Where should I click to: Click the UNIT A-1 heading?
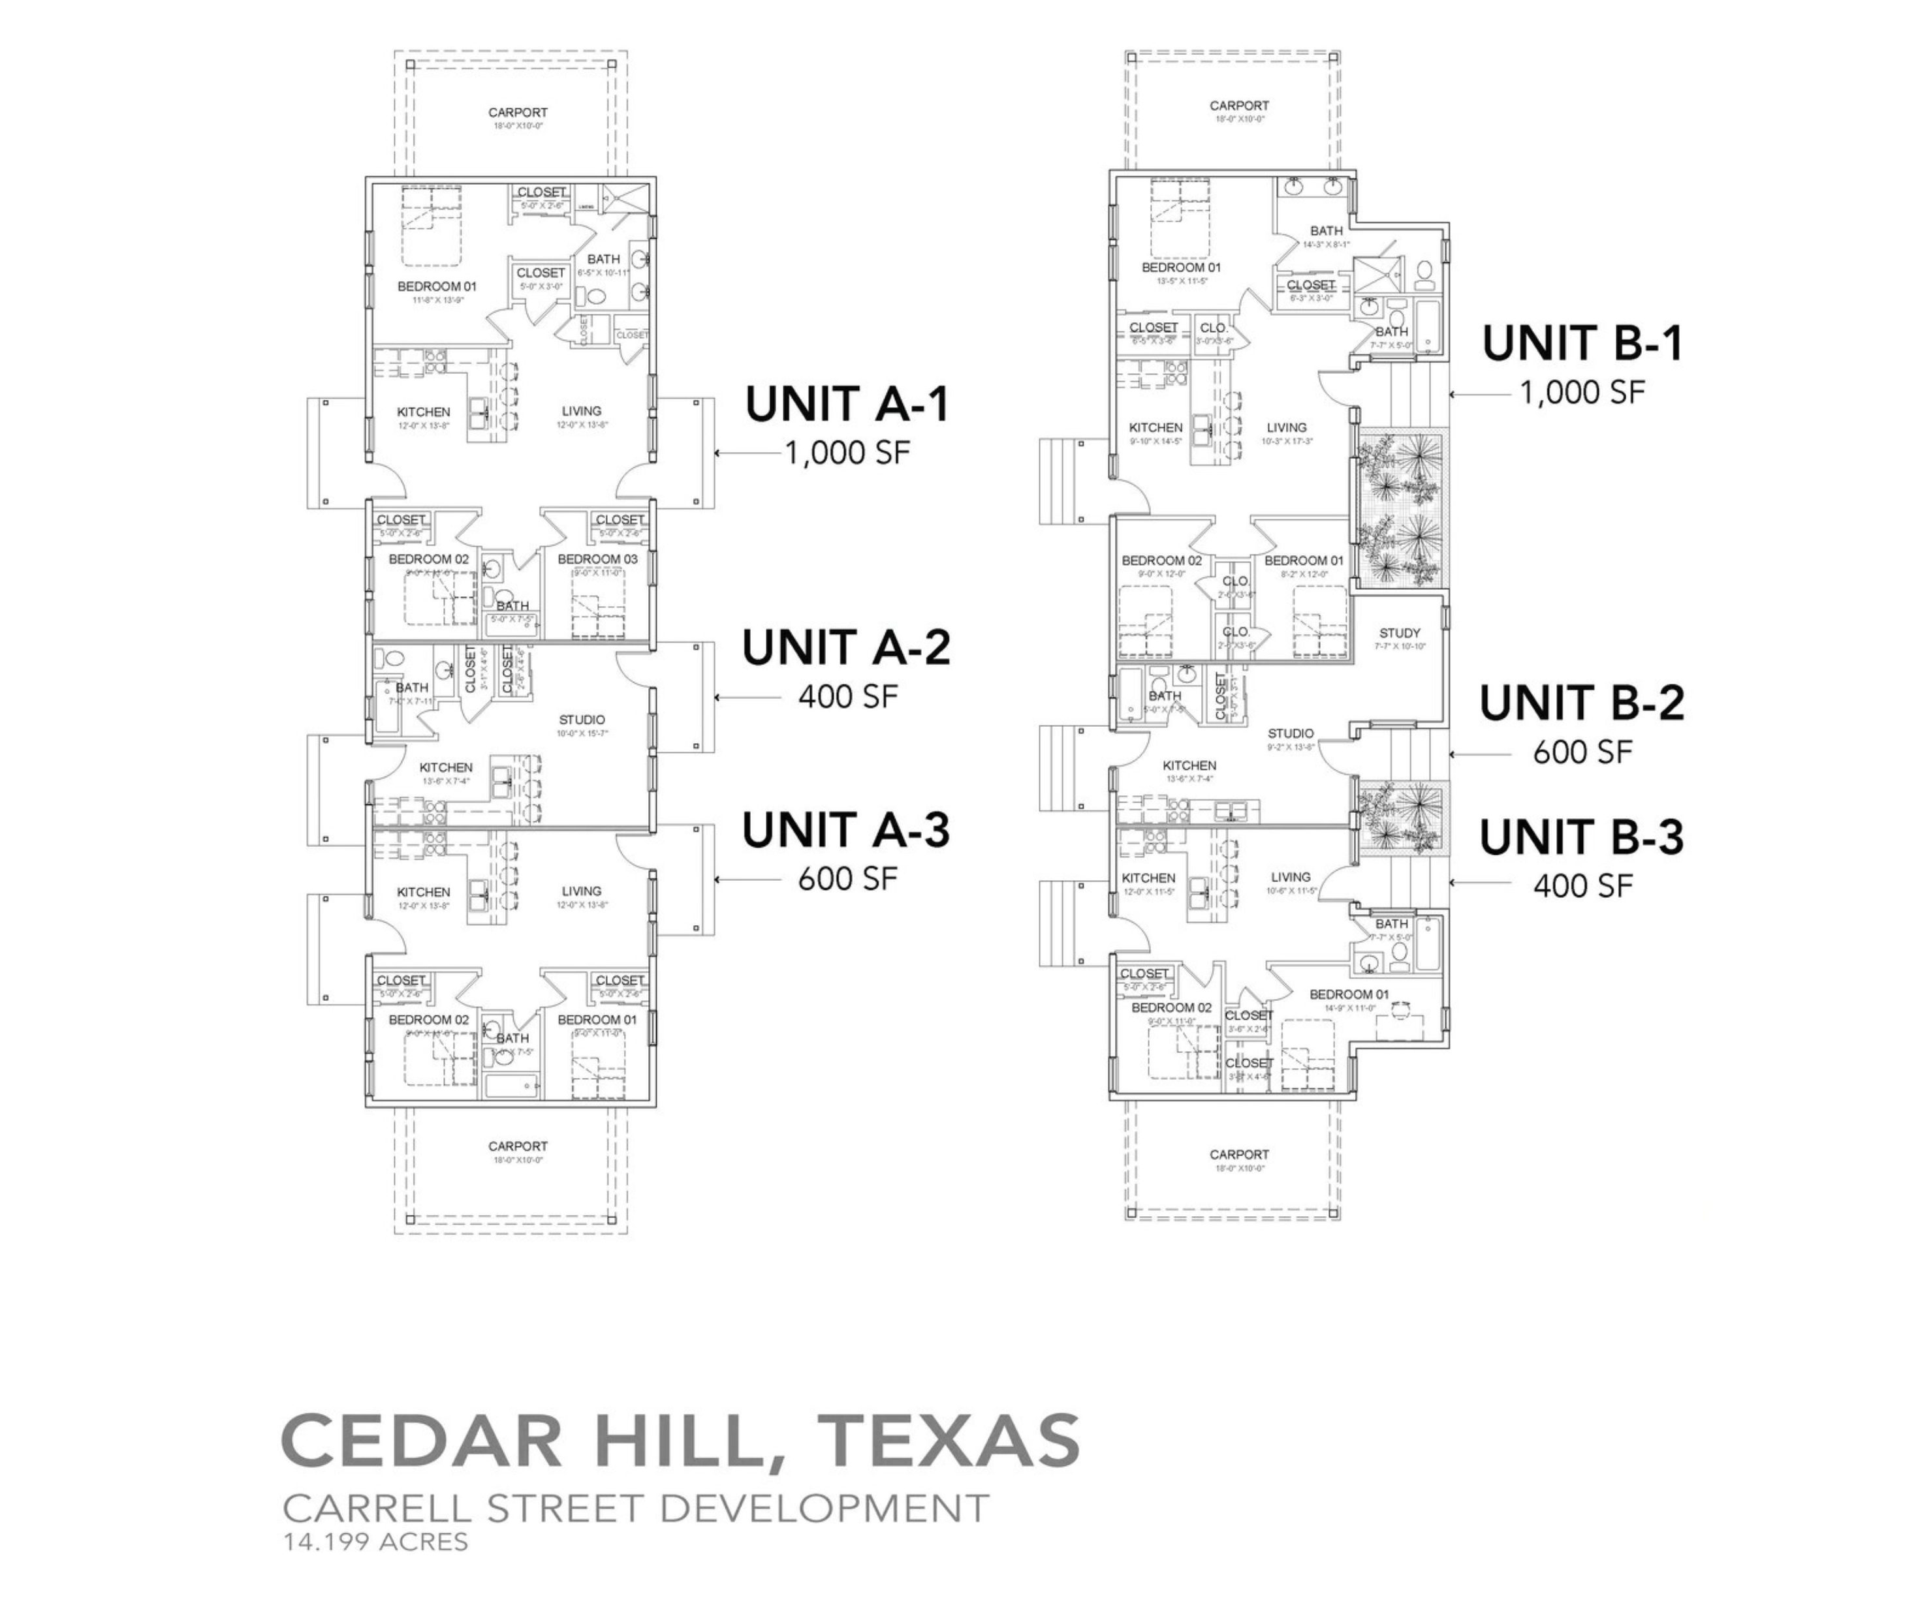tap(847, 405)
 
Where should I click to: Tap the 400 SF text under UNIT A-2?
tap(847, 697)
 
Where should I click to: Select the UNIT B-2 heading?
tap(1582, 703)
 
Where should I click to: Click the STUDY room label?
tap(1399, 633)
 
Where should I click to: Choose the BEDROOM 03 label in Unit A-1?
tap(597, 559)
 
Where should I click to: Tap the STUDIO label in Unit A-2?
tap(582, 720)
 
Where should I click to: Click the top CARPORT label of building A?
tap(518, 112)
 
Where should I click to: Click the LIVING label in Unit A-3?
tap(581, 891)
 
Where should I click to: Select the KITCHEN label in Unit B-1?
tap(1156, 427)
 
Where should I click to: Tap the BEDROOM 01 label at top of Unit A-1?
tap(437, 286)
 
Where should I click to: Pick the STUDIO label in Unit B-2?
tap(1291, 733)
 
